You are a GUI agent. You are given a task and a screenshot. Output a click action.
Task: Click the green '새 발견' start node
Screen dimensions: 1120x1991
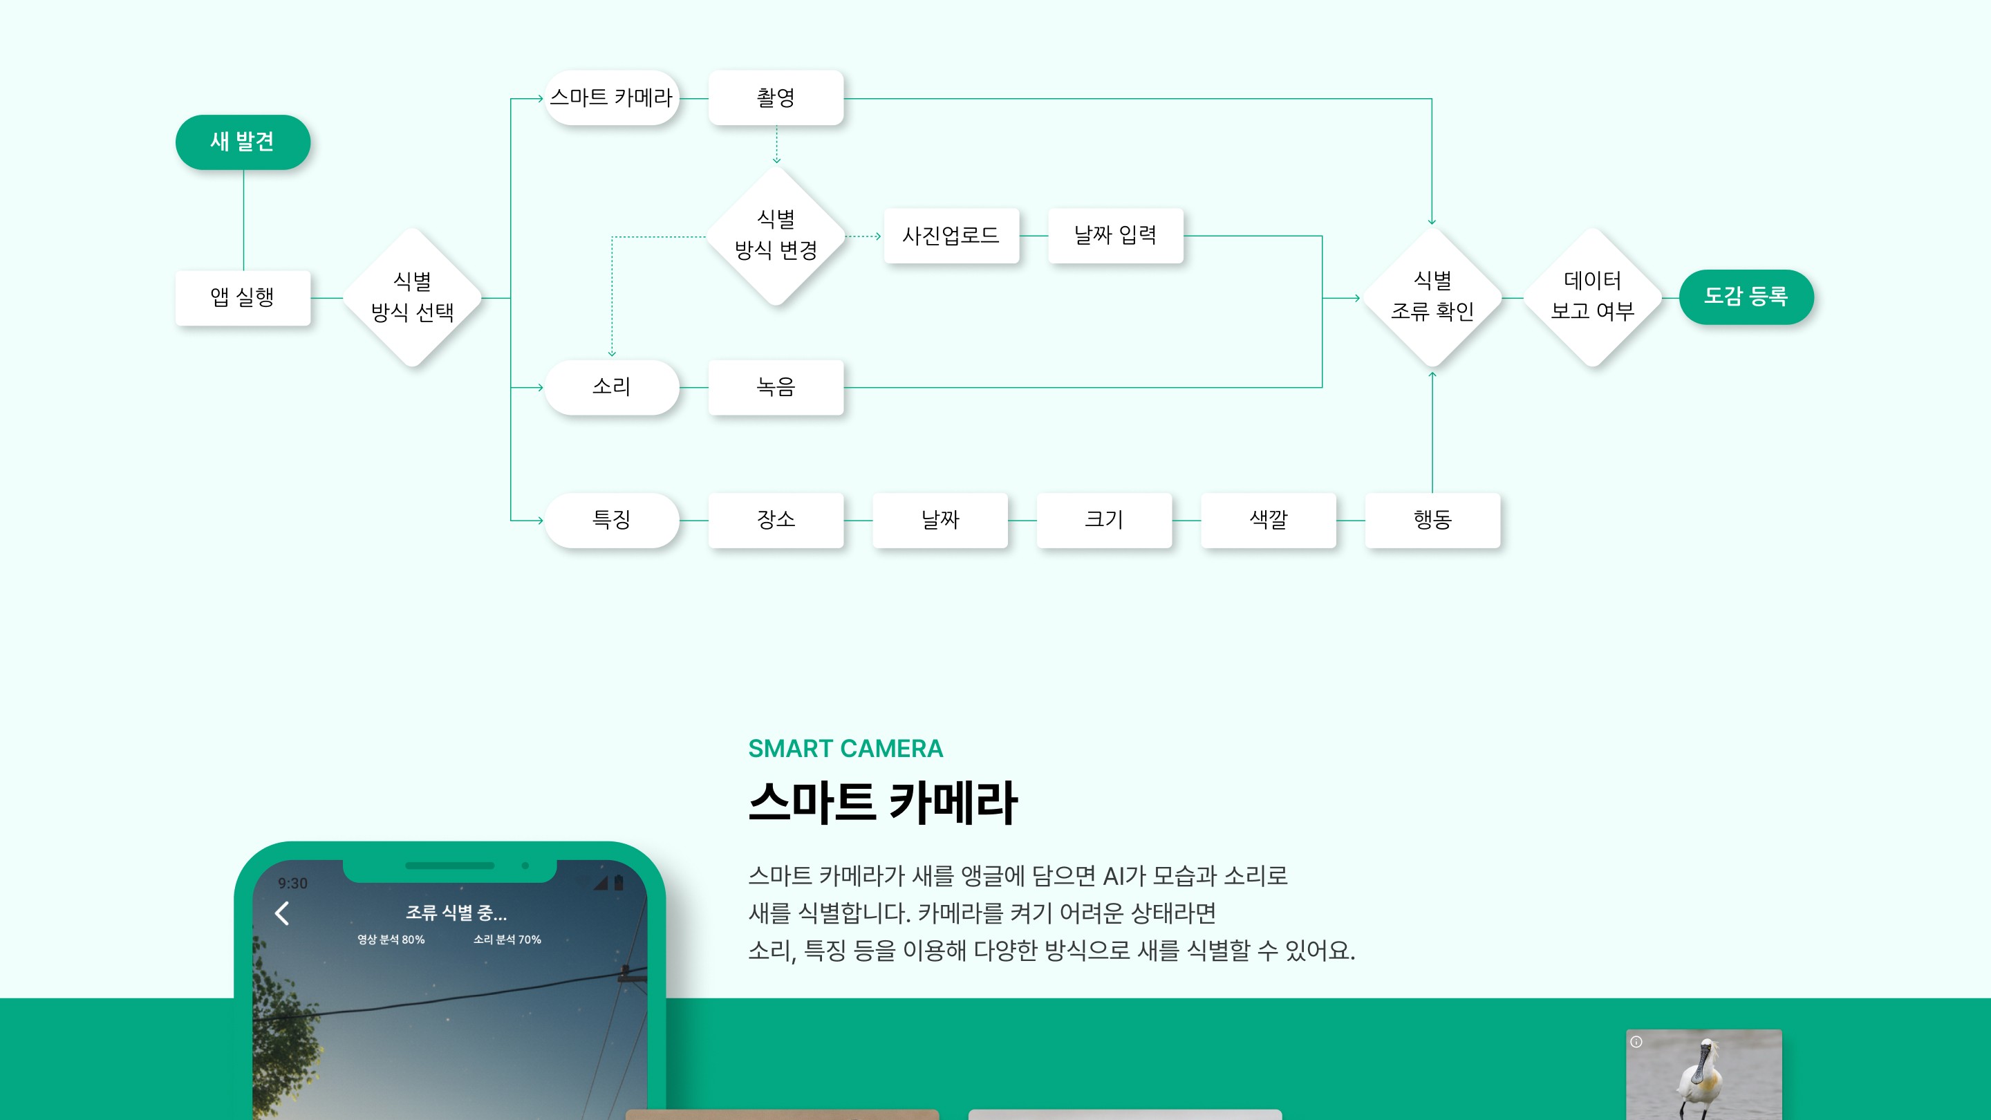243,142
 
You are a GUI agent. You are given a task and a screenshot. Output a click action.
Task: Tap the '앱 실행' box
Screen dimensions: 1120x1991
243,297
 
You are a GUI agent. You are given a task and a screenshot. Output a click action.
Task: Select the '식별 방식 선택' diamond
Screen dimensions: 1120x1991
413,297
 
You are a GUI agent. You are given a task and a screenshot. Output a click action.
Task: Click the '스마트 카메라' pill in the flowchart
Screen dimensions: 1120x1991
611,98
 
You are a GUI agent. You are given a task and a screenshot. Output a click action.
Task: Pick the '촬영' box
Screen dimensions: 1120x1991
775,98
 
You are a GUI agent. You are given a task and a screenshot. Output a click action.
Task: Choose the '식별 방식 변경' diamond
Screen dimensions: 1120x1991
776,236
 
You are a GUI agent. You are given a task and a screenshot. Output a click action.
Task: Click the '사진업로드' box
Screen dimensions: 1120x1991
951,236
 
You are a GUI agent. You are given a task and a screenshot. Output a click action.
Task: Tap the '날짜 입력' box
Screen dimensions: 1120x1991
1115,236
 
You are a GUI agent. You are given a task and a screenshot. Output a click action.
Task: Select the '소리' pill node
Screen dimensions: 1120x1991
611,387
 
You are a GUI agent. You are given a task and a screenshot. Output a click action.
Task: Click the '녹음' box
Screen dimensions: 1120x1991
775,387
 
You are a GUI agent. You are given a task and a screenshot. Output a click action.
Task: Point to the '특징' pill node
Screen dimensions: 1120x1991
611,520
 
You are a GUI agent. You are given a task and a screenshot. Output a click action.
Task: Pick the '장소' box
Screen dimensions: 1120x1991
775,520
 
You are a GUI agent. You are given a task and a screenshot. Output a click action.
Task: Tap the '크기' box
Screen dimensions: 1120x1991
1104,520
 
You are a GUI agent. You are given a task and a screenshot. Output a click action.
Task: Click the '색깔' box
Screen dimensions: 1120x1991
1269,520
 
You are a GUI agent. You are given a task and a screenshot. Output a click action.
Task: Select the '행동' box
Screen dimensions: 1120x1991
1432,520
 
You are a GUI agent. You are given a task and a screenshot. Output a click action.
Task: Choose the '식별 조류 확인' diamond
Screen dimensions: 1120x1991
1432,297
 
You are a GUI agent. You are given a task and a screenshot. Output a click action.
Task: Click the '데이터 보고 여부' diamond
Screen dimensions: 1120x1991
1593,297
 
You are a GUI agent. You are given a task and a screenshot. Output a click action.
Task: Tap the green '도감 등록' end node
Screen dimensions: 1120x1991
1746,297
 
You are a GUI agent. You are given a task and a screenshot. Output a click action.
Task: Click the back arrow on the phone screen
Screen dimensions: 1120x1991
282,913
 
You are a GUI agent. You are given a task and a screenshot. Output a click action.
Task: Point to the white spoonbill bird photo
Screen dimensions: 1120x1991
1703,1076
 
